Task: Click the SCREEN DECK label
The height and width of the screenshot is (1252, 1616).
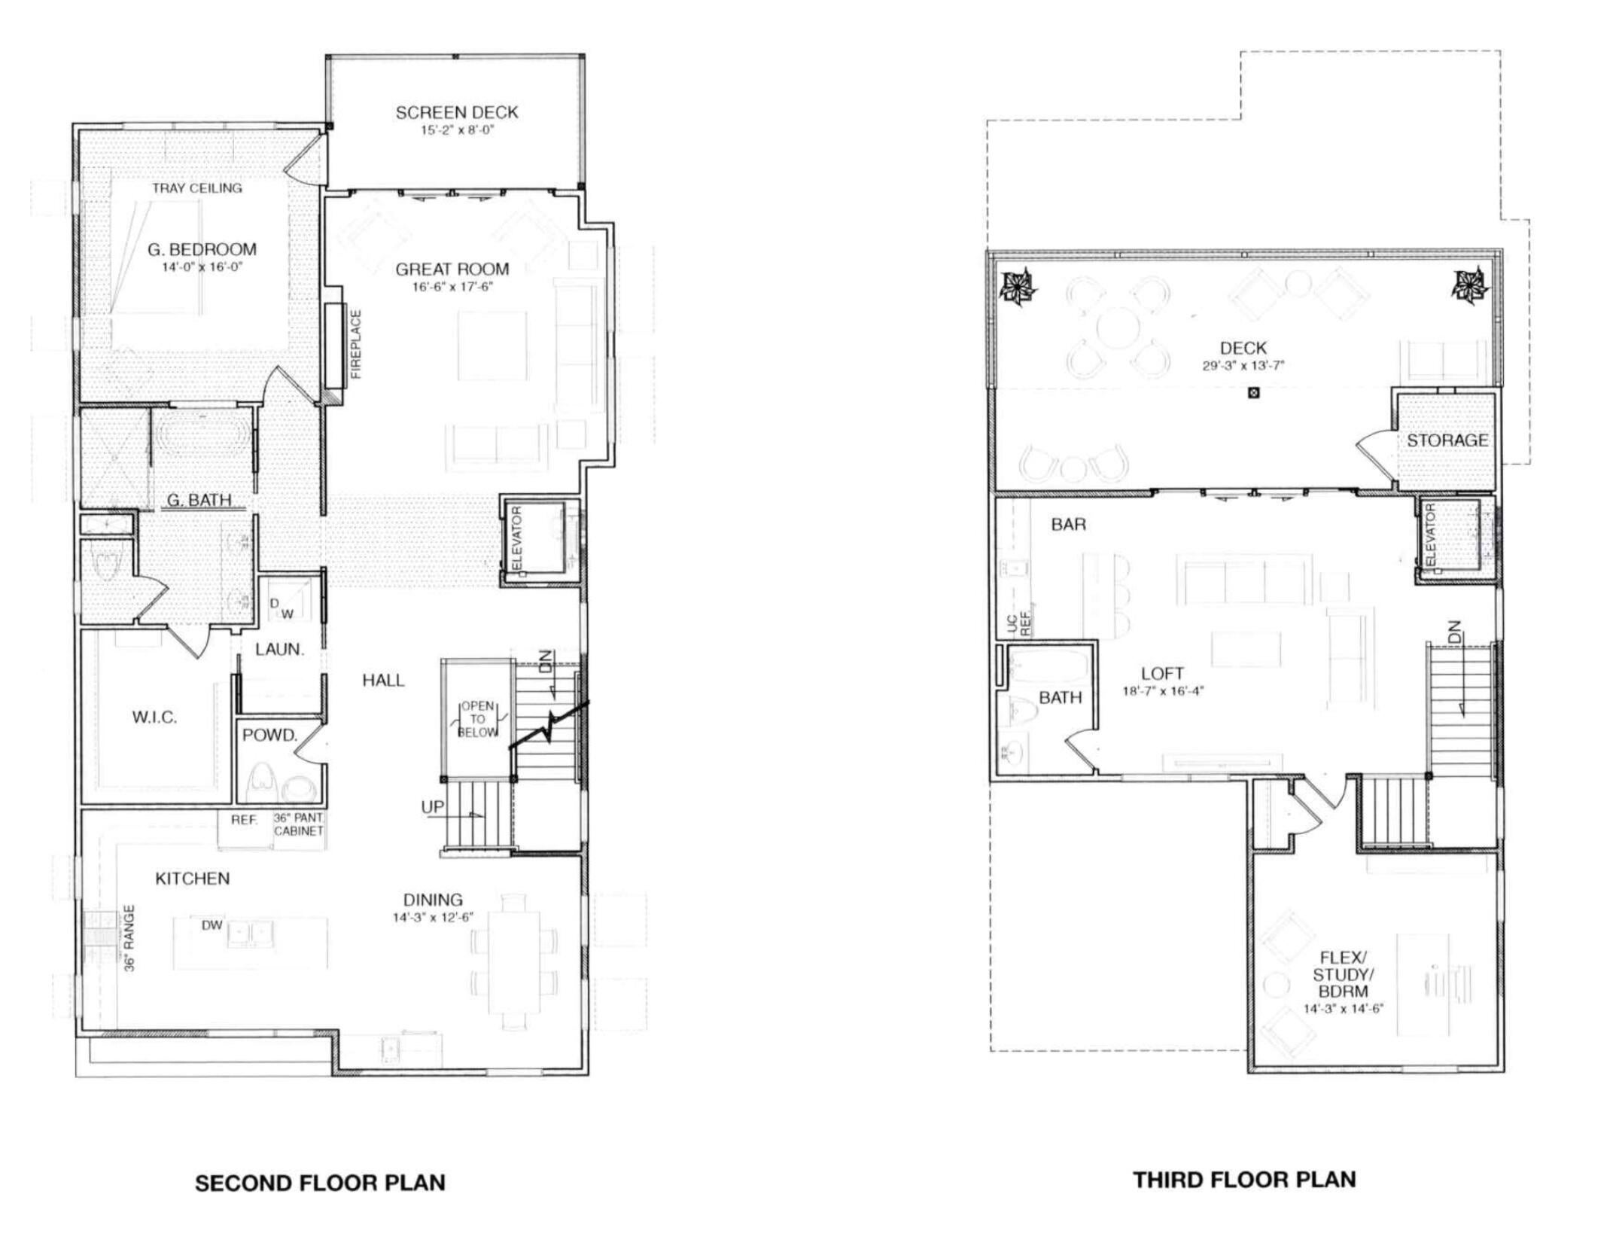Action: [457, 113]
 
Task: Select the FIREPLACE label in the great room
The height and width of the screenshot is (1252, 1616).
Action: [357, 344]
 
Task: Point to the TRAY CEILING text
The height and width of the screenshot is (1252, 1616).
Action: [197, 188]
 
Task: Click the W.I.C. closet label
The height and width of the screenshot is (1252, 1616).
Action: [154, 717]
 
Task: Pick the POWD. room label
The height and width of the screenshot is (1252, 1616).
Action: [269, 736]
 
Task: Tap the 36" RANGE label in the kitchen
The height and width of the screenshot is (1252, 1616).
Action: [129, 938]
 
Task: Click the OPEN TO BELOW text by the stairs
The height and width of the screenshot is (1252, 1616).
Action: [478, 719]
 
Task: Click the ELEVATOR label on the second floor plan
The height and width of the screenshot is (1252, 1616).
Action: [517, 538]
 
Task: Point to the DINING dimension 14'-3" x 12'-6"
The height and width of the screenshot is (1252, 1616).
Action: [433, 918]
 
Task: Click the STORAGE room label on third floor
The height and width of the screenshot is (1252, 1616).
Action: [1447, 440]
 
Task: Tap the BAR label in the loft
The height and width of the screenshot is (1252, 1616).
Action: [1069, 524]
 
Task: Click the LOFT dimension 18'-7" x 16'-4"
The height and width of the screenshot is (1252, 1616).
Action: [1163, 691]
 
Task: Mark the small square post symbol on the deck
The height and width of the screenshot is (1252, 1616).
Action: [1253, 392]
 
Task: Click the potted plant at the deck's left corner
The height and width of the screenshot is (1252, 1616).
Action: [1018, 288]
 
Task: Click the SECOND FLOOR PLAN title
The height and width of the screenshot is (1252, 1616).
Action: [320, 1182]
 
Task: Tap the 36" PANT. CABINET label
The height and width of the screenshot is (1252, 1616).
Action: [299, 824]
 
